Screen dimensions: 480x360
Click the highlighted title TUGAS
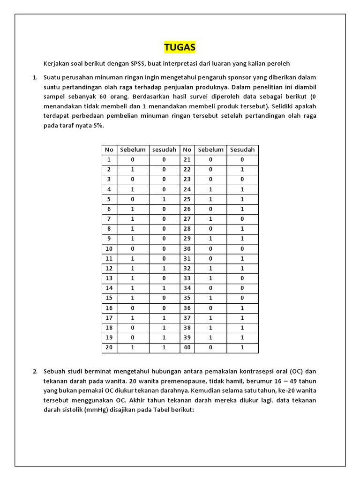pyautogui.click(x=180, y=47)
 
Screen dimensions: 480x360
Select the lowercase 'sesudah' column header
pyautogui.click(x=164, y=150)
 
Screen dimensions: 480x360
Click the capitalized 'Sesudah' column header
pyautogui.click(x=242, y=150)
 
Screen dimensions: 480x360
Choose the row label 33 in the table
pyautogui.click(x=187, y=277)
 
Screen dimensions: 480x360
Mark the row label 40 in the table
pyautogui.click(x=187, y=348)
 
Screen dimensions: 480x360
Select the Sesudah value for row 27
pyautogui.click(x=242, y=218)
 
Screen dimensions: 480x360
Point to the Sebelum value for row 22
pyautogui.click(x=211, y=169)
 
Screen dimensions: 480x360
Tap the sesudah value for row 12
pyautogui.click(x=164, y=269)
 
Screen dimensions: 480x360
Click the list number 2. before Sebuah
pyautogui.click(x=35, y=371)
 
